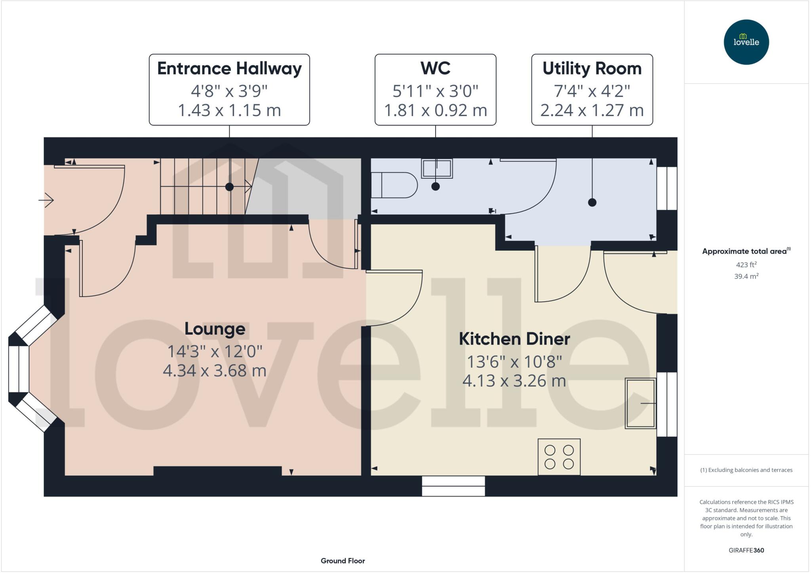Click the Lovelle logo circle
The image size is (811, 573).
coord(746,42)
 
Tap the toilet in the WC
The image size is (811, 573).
coord(394,185)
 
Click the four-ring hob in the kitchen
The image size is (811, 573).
coord(559,457)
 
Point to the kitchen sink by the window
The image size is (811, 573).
coord(640,403)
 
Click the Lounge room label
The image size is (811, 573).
coord(215,329)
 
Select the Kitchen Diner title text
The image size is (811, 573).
coord(514,339)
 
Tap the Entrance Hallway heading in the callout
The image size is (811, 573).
coord(229,69)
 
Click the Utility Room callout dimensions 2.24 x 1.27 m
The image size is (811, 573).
coord(592,110)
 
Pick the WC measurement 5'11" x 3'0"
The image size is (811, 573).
coord(435,91)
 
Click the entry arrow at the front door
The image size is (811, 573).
coord(46,200)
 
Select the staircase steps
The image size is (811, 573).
coord(202,186)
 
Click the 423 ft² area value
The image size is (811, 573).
coord(746,265)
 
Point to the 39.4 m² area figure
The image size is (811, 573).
coord(746,276)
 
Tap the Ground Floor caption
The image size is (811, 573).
coord(343,561)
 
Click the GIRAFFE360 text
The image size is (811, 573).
coord(746,550)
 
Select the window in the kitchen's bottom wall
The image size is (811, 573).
coord(453,486)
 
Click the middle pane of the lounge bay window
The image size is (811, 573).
coord(19,369)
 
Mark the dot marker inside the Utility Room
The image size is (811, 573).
coord(592,202)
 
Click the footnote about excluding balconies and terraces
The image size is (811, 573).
coord(746,470)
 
